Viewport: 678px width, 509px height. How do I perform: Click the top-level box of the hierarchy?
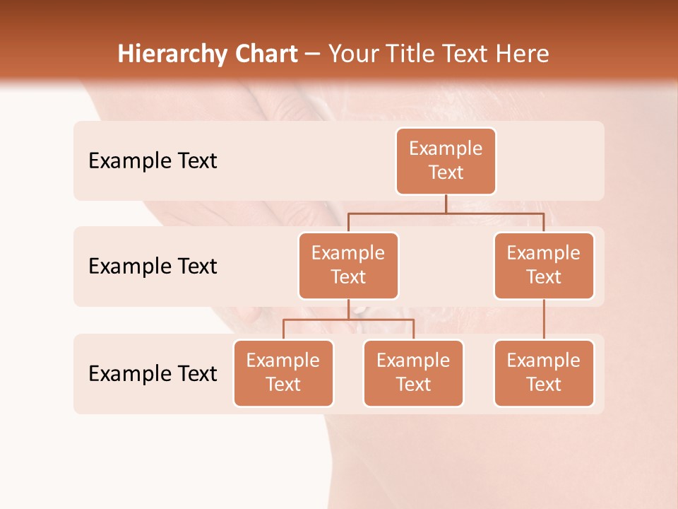[446, 160]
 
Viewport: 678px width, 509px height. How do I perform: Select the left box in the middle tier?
[348, 265]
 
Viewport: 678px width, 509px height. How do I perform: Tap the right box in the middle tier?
[544, 265]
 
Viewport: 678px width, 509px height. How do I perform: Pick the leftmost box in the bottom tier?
[283, 373]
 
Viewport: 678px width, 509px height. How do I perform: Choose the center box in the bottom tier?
[413, 373]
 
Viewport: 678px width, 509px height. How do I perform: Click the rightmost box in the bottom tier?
[544, 373]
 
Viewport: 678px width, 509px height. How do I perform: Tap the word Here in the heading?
[521, 54]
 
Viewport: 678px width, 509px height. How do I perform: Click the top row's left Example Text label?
[153, 160]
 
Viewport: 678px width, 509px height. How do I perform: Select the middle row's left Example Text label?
[153, 266]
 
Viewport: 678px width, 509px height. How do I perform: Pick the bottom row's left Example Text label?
[153, 373]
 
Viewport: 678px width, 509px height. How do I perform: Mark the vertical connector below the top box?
[446, 204]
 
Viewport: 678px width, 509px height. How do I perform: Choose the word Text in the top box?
[446, 172]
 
